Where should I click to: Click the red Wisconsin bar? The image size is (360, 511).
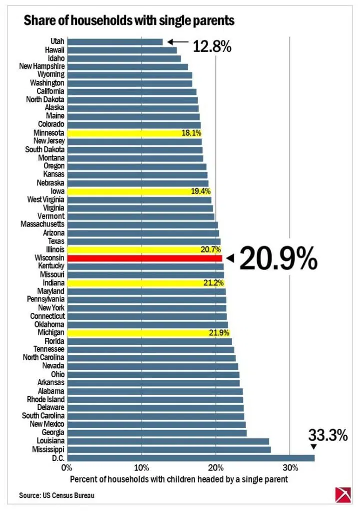pyautogui.click(x=144, y=258)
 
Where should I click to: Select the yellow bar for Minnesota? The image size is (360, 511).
pyautogui.click(x=134, y=133)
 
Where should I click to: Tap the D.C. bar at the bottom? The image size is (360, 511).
pyautogui.click(x=191, y=458)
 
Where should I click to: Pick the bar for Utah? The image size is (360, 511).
pyautogui.click(x=115, y=42)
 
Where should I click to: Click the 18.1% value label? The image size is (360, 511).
pyautogui.click(x=191, y=133)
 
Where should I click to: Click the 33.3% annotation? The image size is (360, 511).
pyautogui.click(x=328, y=435)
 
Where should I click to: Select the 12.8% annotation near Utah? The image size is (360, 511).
pyautogui.click(x=212, y=46)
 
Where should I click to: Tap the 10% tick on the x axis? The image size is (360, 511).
pyautogui.click(x=141, y=468)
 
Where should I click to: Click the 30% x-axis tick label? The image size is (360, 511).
pyautogui.click(x=290, y=468)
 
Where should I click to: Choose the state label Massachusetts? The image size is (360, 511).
pyautogui.click(x=42, y=224)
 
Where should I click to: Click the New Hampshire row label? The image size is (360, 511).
pyautogui.click(x=42, y=66)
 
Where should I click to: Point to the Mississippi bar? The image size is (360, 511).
pyautogui.click(x=169, y=450)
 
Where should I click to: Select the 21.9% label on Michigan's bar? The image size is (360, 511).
pyautogui.click(x=219, y=333)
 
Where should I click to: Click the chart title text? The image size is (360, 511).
pyautogui.click(x=129, y=20)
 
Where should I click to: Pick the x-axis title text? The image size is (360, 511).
pyautogui.click(x=179, y=480)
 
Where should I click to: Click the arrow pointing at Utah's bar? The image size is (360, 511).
pyautogui.click(x=178, y=42)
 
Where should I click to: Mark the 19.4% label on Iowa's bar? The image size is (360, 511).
pyautogui.click(x=201, y=191)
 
